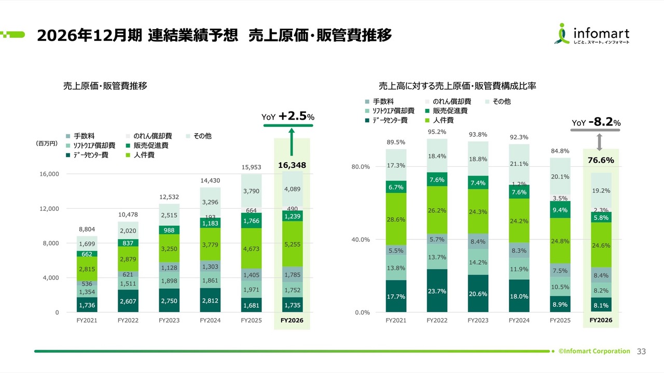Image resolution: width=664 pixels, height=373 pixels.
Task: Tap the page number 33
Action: pos(641,351)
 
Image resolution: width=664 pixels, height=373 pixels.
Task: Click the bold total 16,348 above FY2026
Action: pos(292,165)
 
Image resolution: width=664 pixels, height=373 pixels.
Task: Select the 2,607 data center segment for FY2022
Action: pos(128,301)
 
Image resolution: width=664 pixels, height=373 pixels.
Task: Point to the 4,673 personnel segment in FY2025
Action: pos(251,249)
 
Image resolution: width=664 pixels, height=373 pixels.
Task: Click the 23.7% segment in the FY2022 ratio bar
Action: pos(437,291)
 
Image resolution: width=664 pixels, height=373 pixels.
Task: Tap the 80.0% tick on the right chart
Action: pos(360,167)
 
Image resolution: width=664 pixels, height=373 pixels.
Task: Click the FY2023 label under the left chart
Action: pos(169,321)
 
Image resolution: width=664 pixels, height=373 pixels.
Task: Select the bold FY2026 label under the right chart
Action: pos(601,321)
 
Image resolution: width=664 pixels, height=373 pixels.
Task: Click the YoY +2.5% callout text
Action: pos(288,117)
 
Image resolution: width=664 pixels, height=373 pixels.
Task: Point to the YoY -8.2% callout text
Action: pos(596,122)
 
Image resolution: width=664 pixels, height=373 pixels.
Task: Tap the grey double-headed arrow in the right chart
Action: pos(600,140)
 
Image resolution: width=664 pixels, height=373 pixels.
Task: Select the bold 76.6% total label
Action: pos(601,161)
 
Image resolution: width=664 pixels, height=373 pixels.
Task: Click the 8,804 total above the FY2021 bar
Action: pos(87,229)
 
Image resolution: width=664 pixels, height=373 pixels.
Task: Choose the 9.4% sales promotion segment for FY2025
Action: pos(560,210)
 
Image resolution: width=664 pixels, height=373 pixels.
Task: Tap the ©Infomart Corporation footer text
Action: pos(594,351)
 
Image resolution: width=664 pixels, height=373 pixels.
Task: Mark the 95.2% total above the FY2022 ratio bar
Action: pos(437,132)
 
